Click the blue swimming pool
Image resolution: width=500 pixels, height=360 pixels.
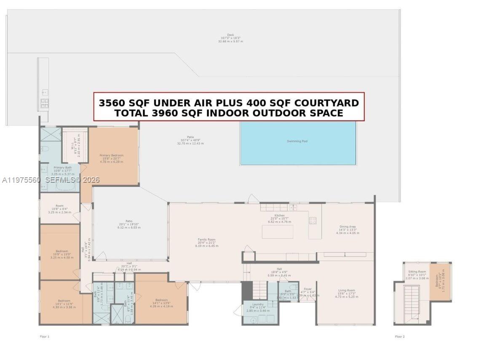tap(298, 143)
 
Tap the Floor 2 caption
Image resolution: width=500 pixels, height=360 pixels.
tap(400, 336)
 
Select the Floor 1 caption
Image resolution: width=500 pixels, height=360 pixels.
tap(45, 336)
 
